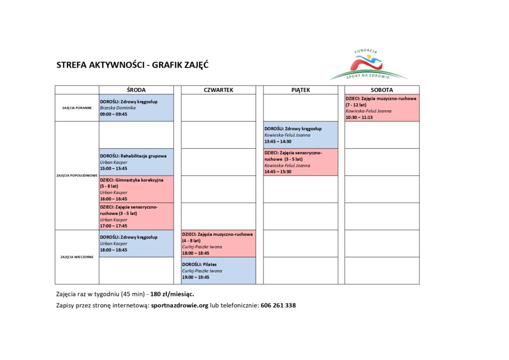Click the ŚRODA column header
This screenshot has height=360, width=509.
coord(136,90)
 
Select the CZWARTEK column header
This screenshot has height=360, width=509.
coord(218,90)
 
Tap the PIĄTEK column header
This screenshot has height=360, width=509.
coord(300,90)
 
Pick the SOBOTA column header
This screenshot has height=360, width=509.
coord(381,90)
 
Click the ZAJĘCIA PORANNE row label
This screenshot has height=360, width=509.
coord(77,108)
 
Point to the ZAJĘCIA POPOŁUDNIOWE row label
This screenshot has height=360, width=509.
coord(77,176)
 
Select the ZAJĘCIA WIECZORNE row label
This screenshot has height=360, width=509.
coord(77,257)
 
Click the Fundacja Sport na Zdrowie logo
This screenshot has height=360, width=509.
coord(368,65)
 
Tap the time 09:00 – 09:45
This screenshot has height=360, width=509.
coord(113,114)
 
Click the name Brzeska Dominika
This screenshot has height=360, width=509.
coord(118,108)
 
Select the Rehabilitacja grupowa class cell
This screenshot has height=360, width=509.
coord(136,162)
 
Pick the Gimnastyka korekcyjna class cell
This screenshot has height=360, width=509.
coord(136,189)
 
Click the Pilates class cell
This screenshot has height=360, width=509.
coord(218,270)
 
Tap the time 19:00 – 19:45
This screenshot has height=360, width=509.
coord(195,277)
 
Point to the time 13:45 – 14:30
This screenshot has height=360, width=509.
coord(278,142)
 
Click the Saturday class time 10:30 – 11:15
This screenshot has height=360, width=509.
coord(359,118)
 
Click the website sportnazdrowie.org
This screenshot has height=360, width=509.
coord(179,305)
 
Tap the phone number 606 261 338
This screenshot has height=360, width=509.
coord(278,305)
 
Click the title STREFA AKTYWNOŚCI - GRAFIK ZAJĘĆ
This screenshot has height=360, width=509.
coord(132,65)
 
